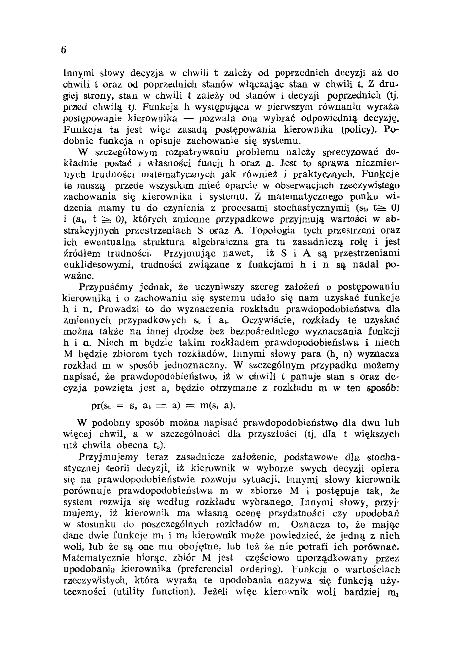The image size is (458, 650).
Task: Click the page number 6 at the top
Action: pos(64,50)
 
